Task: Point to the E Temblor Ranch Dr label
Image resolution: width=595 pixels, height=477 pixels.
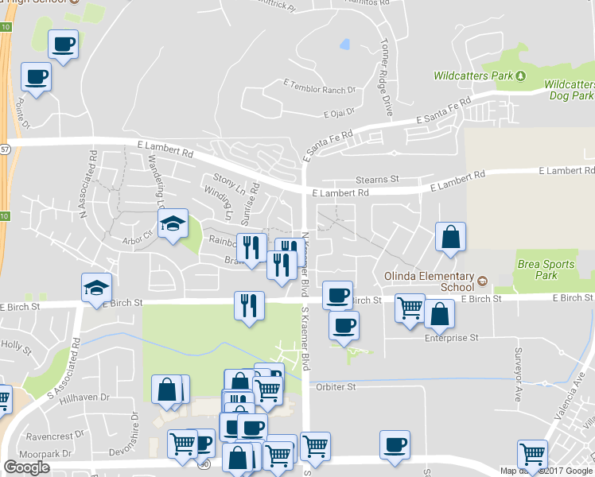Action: click(x=319, y=83)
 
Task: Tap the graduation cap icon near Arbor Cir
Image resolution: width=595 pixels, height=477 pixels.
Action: click(x=172, y=225)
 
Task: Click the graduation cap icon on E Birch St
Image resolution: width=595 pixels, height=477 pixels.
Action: click(x=97, y=288)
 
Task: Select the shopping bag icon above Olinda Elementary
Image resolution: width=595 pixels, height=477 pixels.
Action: click(x=450, y=237)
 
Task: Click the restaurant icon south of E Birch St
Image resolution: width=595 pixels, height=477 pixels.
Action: click(x=249, y=305)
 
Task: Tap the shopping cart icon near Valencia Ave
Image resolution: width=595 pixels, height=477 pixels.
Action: click(x=532, y=455)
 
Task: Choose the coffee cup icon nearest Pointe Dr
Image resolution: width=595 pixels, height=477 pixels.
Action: click(x=35, y=77)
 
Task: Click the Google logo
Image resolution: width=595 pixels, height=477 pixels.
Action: click(x=27, y=467)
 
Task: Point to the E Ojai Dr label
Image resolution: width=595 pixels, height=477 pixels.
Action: click(x=344, y=113)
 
